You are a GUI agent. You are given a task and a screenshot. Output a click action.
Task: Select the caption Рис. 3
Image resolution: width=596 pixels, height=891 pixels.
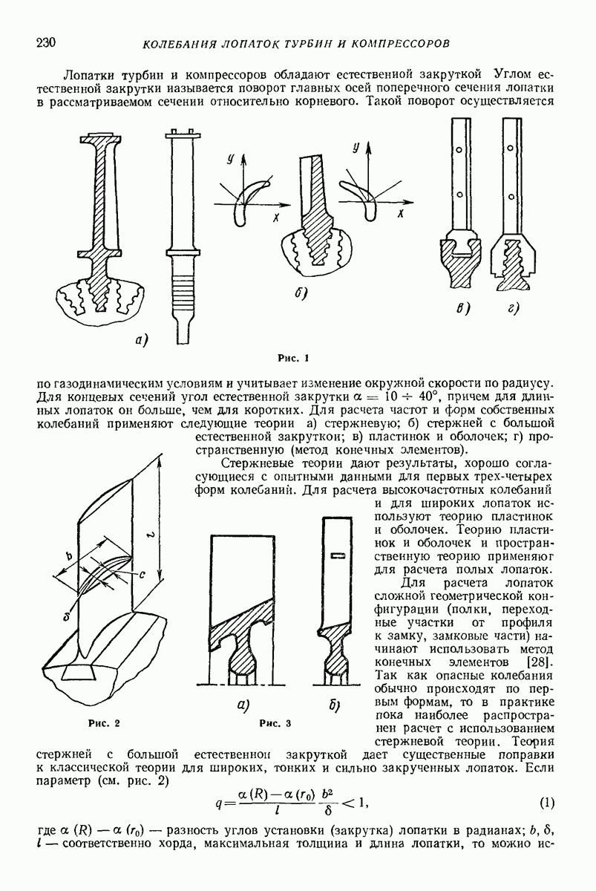(275, 722)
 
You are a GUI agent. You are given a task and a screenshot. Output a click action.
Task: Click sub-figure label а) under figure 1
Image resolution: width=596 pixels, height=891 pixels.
(142, 341)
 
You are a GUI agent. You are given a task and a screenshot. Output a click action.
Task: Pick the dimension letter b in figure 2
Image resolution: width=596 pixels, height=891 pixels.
(68, 556)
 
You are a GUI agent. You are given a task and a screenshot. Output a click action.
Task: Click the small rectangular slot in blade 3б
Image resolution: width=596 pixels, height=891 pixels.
(338, 555)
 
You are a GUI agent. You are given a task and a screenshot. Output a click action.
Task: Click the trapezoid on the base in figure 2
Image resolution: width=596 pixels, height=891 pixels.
(77, 673)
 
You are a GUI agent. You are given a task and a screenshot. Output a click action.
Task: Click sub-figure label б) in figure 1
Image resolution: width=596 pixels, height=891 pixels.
(301, 295)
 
